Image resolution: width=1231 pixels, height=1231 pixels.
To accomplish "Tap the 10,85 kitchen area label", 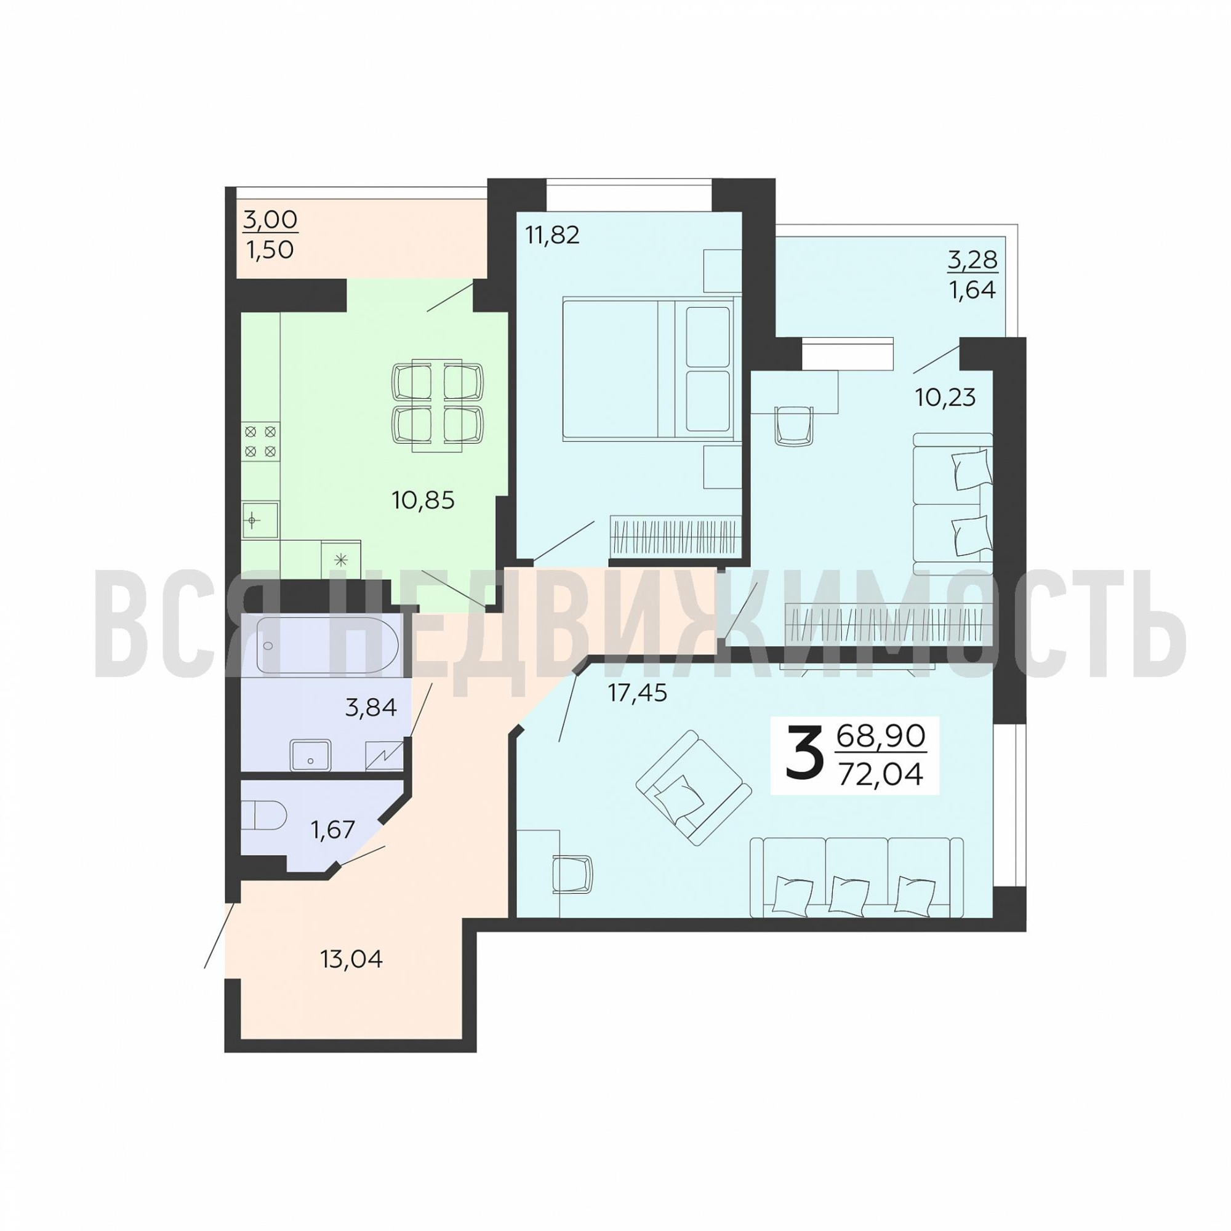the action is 423,500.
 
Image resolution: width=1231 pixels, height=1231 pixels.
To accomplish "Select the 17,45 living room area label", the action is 637,692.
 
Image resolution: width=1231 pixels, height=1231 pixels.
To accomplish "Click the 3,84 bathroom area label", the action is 371,707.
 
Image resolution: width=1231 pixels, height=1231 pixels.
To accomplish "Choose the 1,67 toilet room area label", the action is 332,830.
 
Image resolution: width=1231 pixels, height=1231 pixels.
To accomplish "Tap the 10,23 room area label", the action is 945,398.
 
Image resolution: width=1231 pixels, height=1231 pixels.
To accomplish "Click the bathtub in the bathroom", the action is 327,645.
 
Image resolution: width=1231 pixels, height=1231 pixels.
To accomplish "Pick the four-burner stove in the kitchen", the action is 260,442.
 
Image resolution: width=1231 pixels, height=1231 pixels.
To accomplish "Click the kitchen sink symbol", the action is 260,521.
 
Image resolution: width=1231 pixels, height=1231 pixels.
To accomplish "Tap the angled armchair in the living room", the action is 693,788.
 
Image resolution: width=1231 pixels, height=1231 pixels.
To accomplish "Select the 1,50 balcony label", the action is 270,251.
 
